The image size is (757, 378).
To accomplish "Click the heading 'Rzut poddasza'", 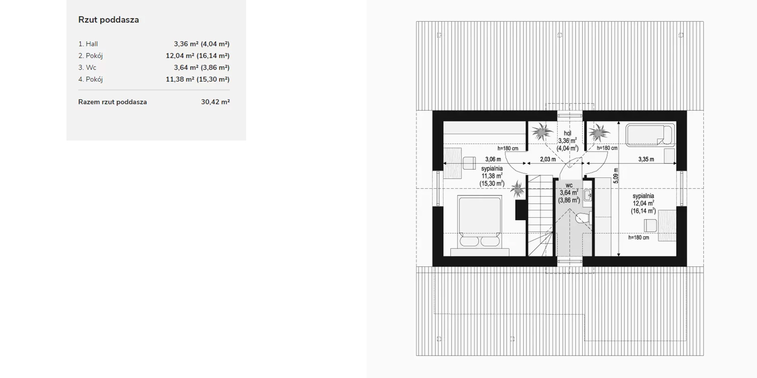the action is click(x=108, y=20).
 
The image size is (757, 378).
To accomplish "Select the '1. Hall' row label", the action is click(x=88, y=44).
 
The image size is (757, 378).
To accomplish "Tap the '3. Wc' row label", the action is click(x=87, y=67).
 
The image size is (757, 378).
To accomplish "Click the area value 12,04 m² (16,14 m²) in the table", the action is click(x=198, y=56).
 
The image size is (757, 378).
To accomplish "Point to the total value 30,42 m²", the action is click(x=215, y=102).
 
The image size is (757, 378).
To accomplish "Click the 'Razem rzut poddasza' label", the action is click(x=113, y=102).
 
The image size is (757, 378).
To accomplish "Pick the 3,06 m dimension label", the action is click(x=493, y=159).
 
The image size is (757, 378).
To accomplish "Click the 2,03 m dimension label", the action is click(x=548, y=159).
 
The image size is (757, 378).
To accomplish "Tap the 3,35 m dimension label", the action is click(x=646, y=159).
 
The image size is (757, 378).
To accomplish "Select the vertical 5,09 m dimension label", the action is click(x=616, y=176).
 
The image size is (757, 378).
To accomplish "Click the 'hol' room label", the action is click(x=567, y=133).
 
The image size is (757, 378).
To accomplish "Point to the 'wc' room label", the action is click(x=569, y=185).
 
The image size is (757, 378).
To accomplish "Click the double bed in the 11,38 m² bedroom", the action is click(x=479, y=222).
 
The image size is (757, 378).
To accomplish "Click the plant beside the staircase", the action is click(x=517, y=189).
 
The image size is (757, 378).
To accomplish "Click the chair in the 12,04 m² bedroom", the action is click(x=650, y=225).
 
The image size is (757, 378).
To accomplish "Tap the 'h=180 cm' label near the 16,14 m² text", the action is click(x=639, y=237).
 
